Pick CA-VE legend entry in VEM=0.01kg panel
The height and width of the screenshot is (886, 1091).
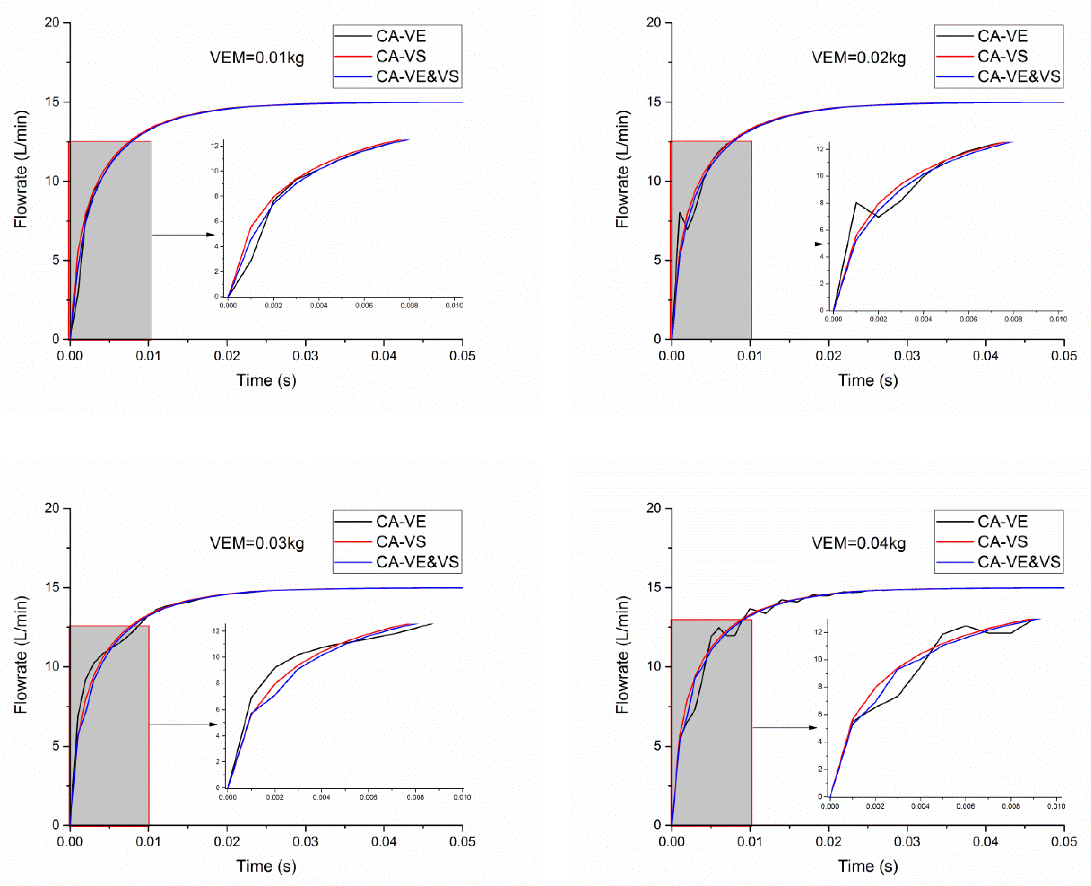[x=400, y=36]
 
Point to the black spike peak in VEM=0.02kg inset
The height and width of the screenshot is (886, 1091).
[x=856, y=203]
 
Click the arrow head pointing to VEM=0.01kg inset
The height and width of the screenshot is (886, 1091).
[x=211, y=235]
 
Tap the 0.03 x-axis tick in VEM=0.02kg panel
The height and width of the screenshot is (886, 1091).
[x=907, y=356]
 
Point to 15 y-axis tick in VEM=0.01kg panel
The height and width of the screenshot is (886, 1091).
[x=52, y=102]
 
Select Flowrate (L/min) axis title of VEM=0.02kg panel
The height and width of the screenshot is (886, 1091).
[x=622, y=170]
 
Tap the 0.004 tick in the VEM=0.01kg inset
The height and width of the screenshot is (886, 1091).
[x=319, y=306]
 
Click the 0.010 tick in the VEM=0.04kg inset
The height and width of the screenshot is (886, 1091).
[x=1056, y=806]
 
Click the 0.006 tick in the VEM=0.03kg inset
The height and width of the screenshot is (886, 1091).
[x=368, y=797]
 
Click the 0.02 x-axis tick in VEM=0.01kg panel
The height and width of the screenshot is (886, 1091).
[x=227, y=356]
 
